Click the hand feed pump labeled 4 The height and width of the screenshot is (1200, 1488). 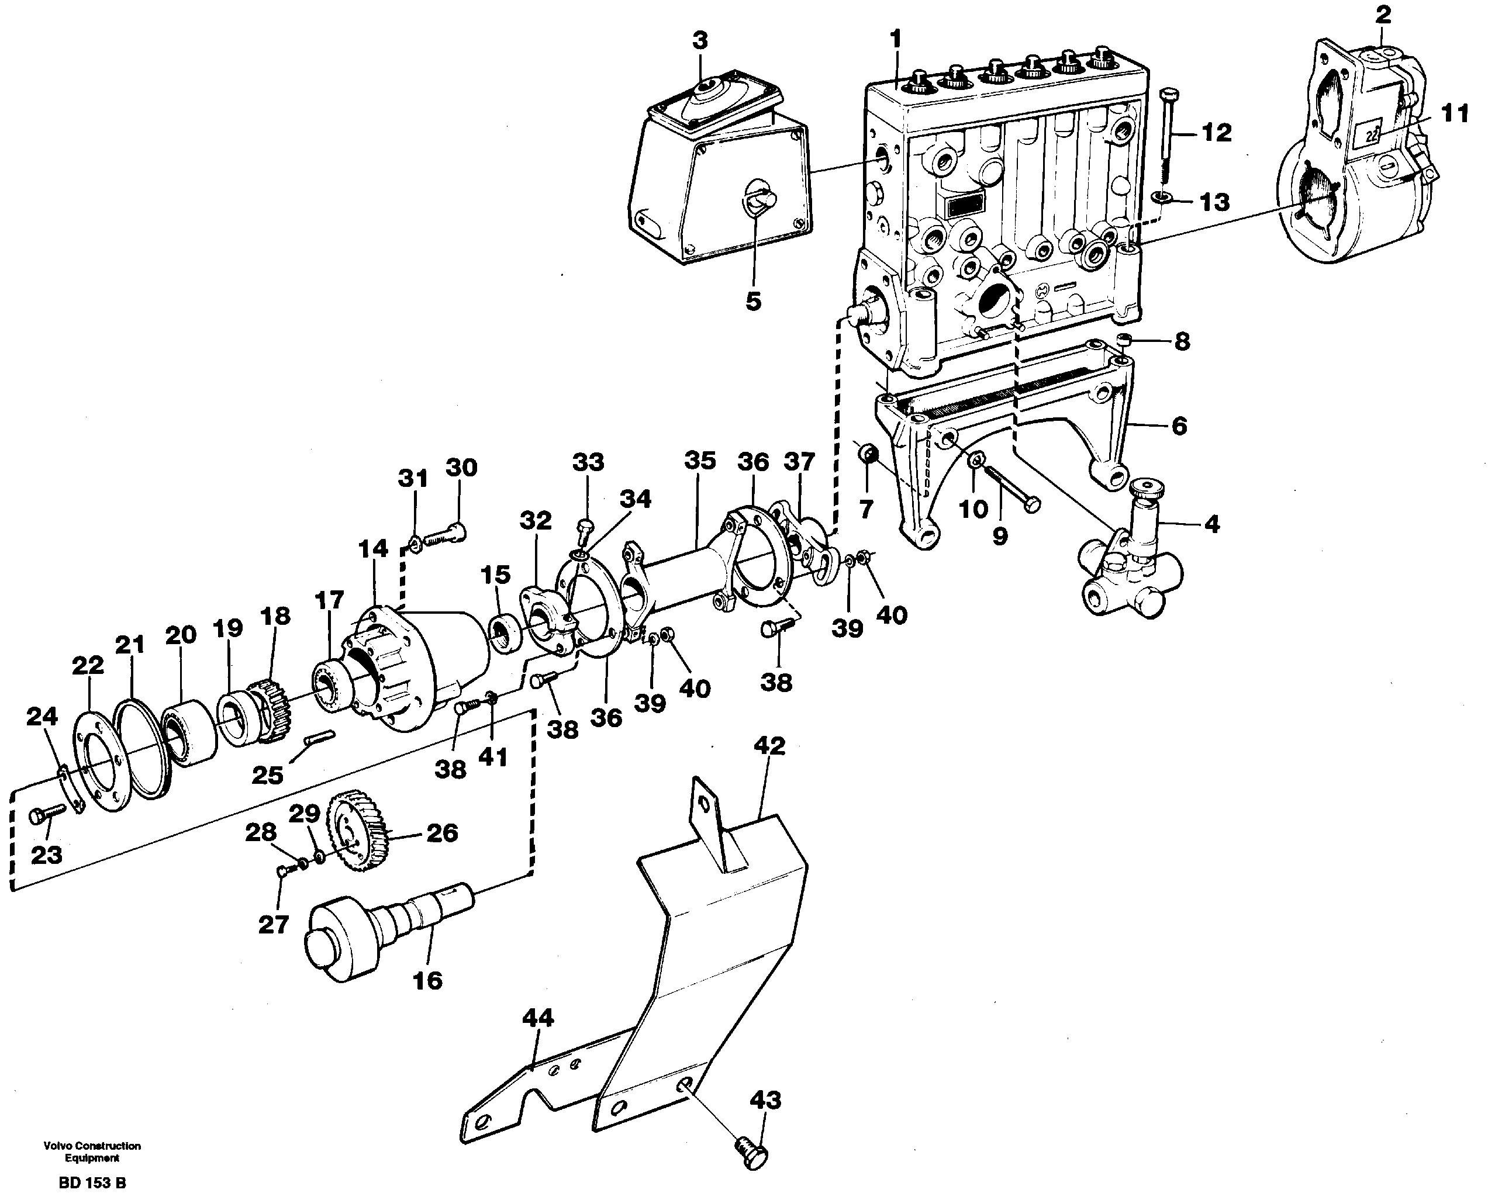[x=1134, y=560]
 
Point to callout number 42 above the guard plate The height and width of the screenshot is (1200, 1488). [x=769, y=746]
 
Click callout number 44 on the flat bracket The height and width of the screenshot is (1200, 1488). [x=538, y=1018]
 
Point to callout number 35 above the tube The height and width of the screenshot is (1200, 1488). [x=699, y=461]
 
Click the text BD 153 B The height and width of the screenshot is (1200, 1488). [x=92, y=1182]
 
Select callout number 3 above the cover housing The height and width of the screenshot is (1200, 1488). [x=700, y=41]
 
